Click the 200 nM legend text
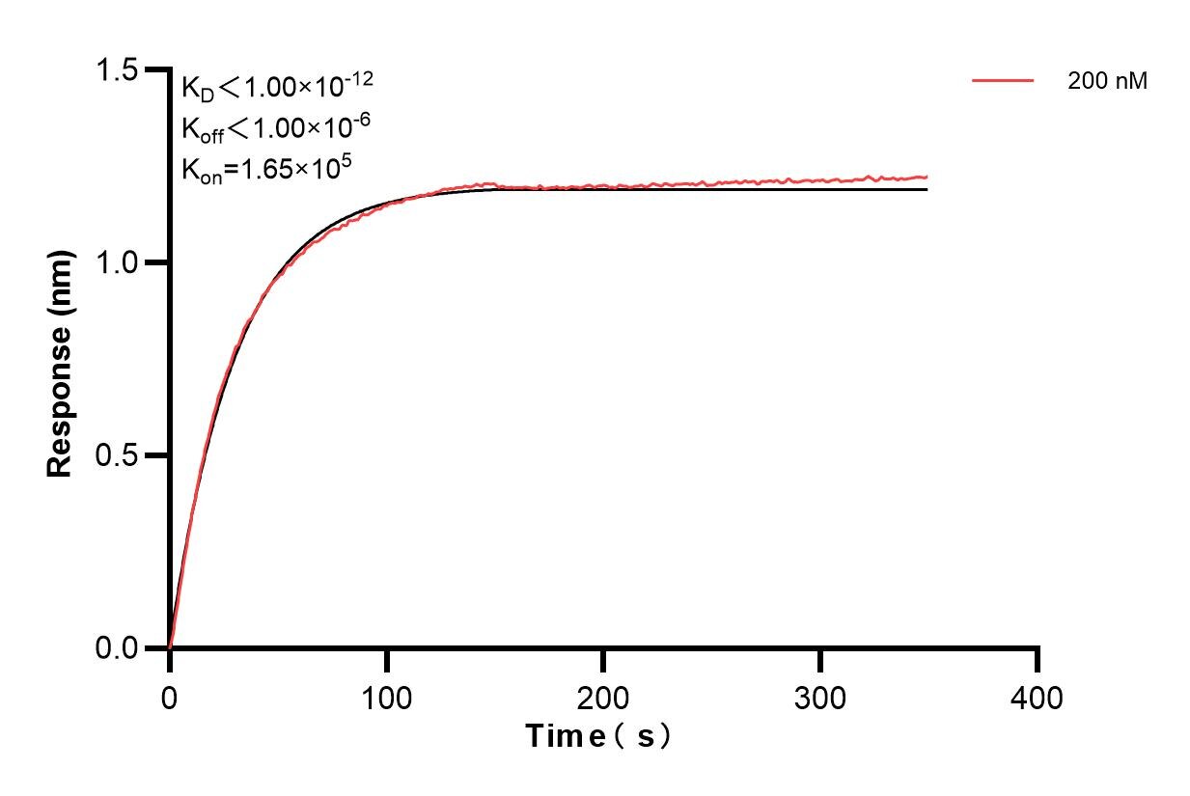click(x=1107, y=82)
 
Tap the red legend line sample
click(x=1003, y=81)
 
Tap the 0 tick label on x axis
click(x=170, y=698)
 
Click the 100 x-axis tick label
click(x=386, y=698)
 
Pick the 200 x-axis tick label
click(x=603, y=698)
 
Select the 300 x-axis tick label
click(x=820, y=698)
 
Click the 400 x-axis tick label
click(x=1038, y=698)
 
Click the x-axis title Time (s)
click(x=598, y=737)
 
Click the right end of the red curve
click(x=927, y=177)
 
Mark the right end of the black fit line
click(x=927, y=189)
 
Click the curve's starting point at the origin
click(x=170, y=647)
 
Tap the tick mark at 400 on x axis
click(x=1038, y=659)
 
